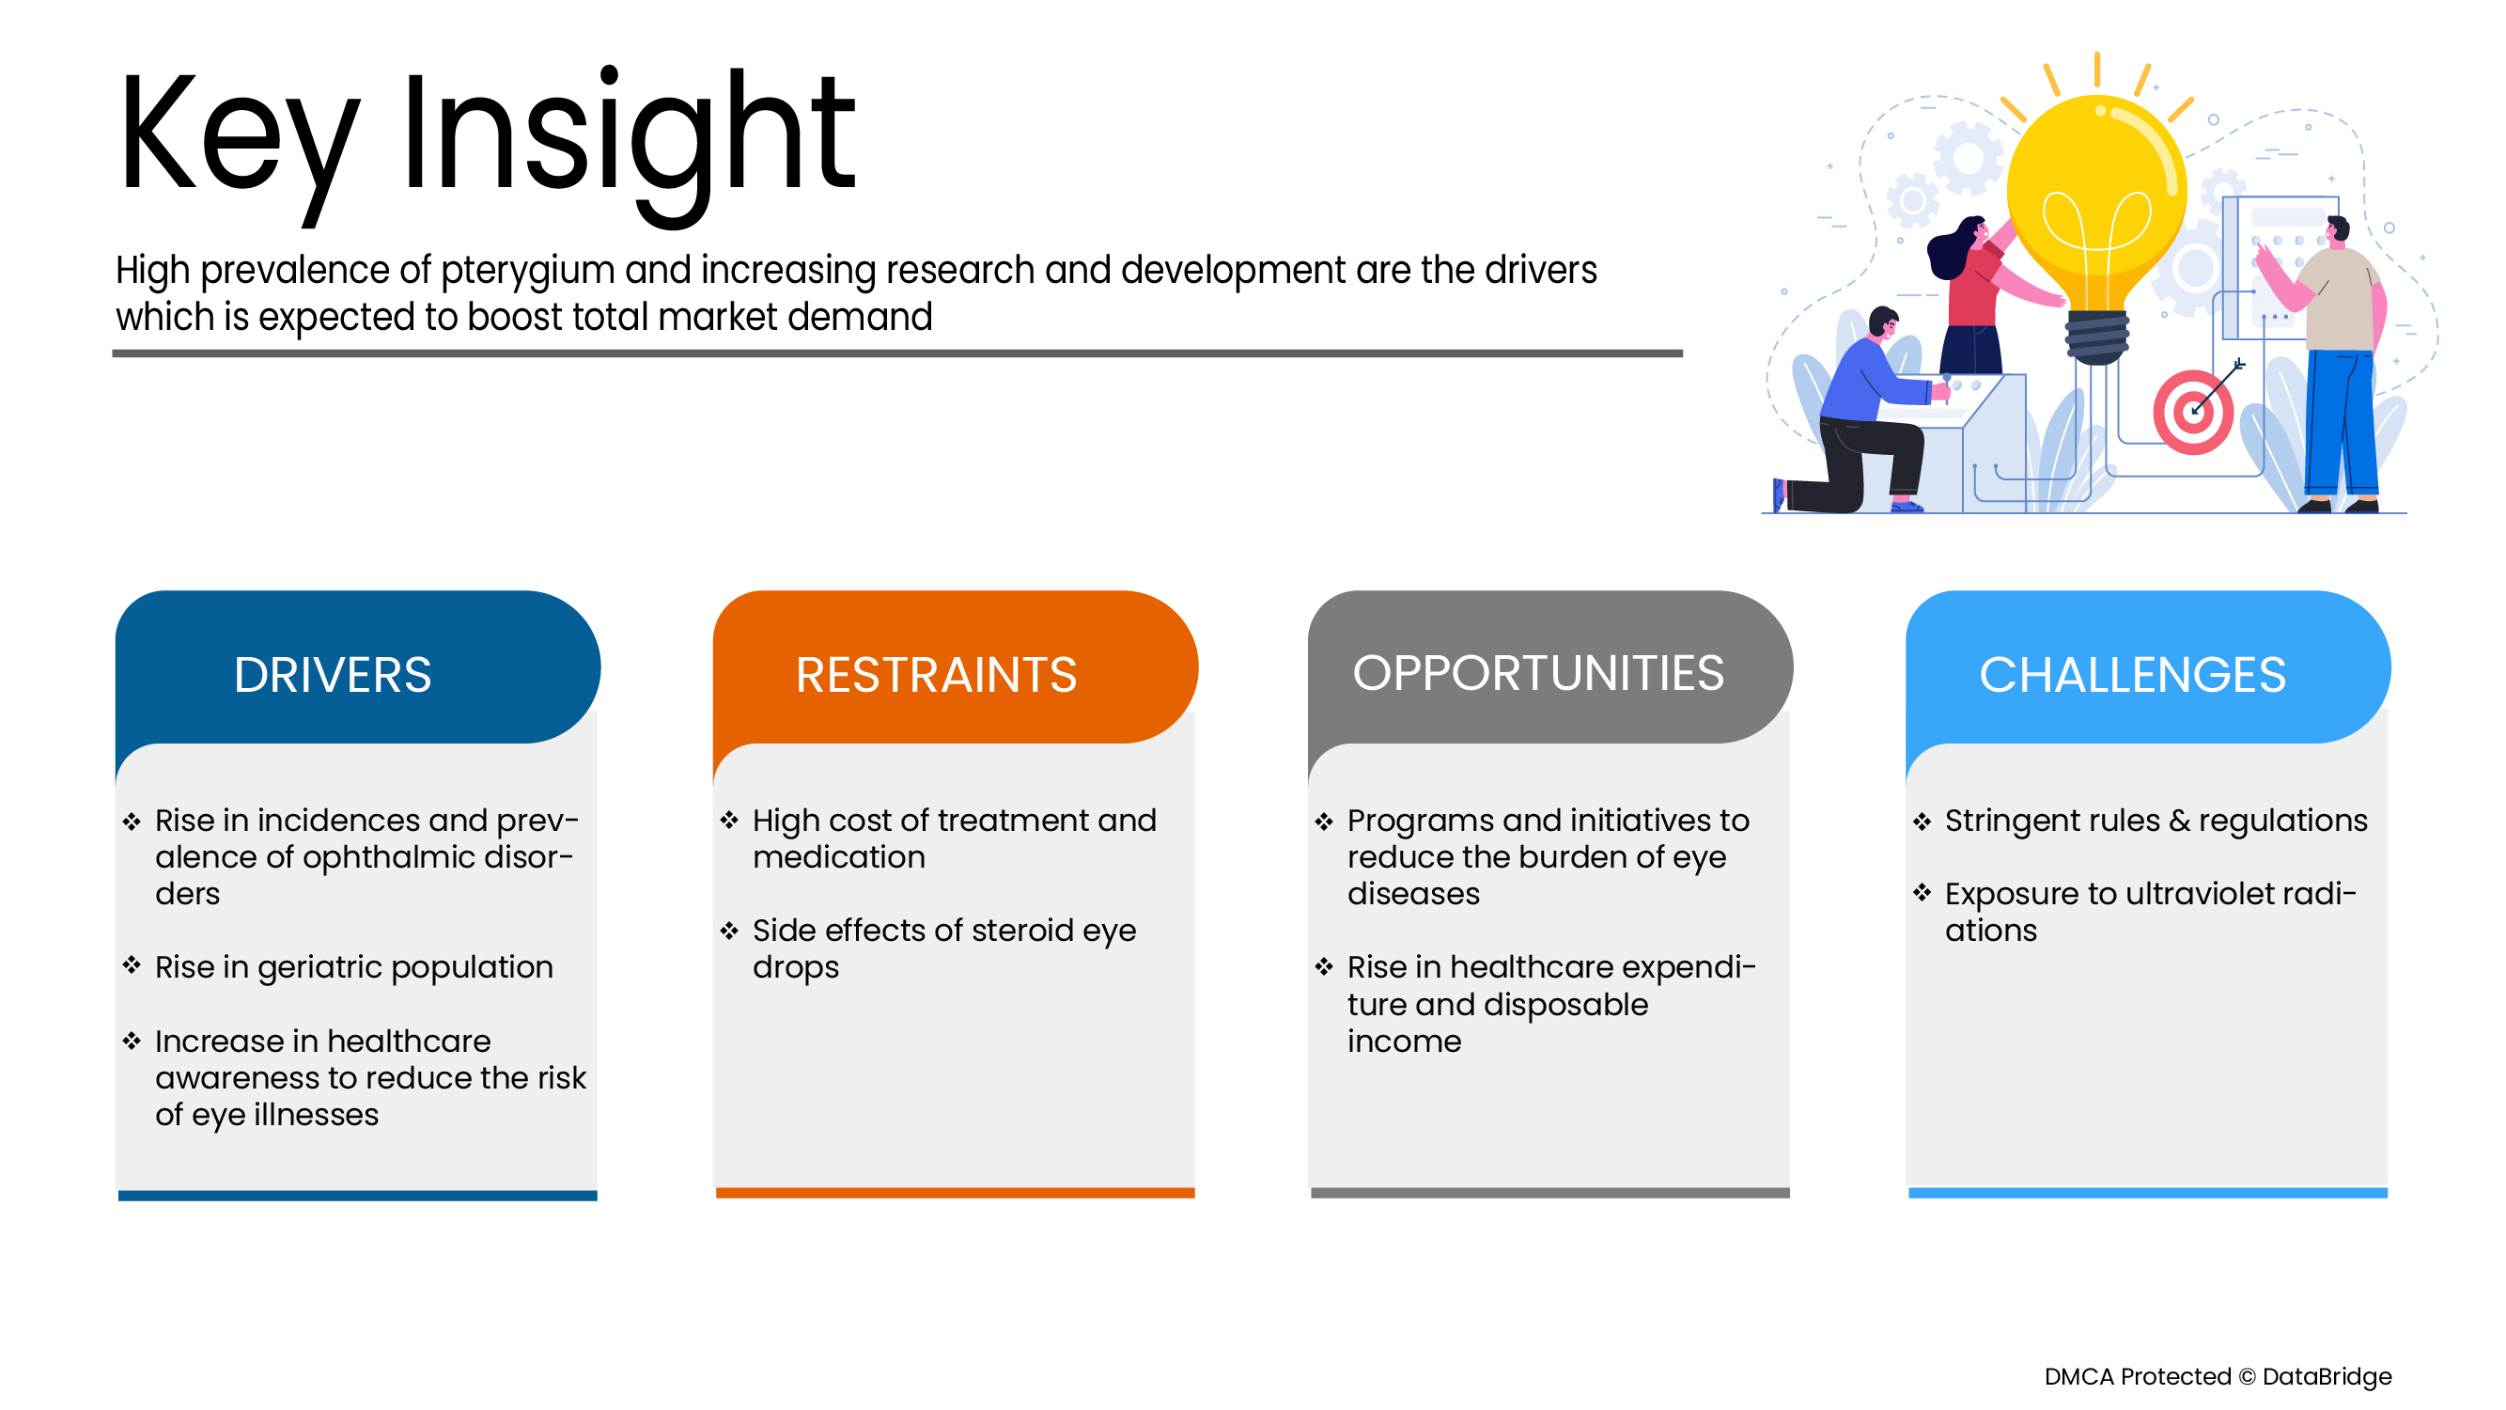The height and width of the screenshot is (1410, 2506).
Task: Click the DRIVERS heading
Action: click(x=332, y=674)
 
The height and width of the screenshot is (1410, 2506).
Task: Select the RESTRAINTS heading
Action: click(x=936, y=674)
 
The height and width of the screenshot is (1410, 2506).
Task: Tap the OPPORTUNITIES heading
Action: click(x=1538, y=672)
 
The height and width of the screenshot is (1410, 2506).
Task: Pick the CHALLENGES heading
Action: click(x=2132, y=674)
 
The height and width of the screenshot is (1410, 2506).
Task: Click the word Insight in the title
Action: click(x=628, y=136)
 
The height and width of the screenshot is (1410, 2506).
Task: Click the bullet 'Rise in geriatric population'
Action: click(x=353, y=967)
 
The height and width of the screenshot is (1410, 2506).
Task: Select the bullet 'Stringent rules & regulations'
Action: click(x=2156, y=821)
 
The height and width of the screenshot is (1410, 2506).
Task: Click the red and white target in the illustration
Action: click(x=2192, y=413)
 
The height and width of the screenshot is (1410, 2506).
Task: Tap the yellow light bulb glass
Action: click(x=2096, y=195)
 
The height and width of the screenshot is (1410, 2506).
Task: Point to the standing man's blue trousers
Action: click(x=2340, y=423)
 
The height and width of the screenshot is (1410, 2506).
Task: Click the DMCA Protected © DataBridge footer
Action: click(x=2218, y=1376)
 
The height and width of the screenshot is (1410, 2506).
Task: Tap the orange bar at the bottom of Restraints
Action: click(x=955, y=1193)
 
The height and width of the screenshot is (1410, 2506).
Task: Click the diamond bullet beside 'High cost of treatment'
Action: click(x=729, y=821)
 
